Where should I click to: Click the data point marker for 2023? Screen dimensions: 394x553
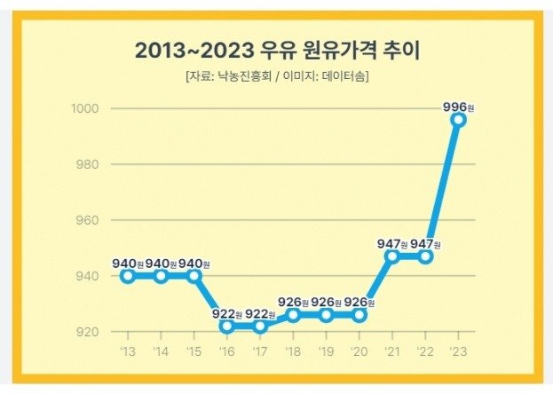pyautogui.click(x=458, y=119)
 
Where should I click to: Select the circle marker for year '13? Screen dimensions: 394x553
pyautogui.click(x=128, y=276)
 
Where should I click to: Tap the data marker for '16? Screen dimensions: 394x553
pyautogui.click(x=227, y=326)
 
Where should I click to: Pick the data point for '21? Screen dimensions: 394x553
pyautogui.click(x=392, y=256)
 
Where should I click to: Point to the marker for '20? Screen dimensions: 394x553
pyautogui.click(x=359, y=315)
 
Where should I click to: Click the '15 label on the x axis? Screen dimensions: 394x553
pyautogui.click(x=194, y=353)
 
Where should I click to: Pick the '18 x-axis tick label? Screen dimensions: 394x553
pyautogui.click(x=293, y=353)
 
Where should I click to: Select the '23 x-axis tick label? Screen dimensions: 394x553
pyautogui.click(x=458, y=353)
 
